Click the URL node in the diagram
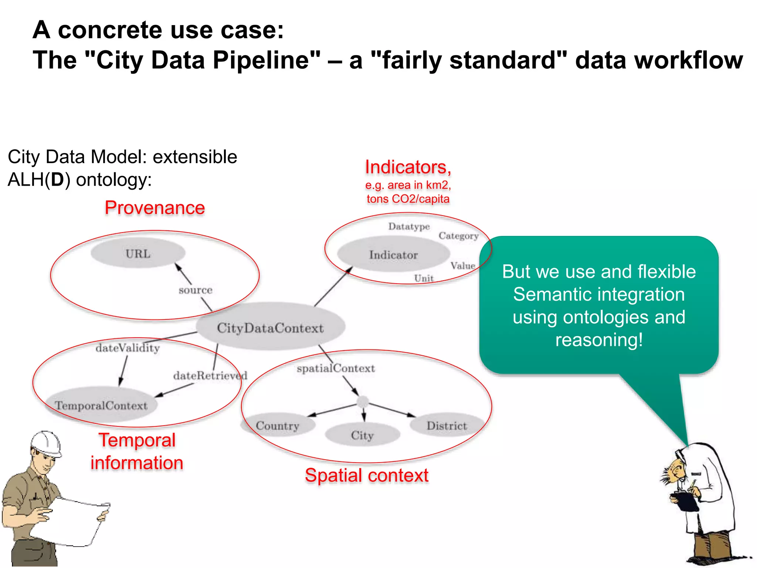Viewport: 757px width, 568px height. (x=138, y=253)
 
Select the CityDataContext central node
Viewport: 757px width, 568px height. (x=270, y=327)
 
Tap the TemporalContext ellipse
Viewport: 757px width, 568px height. (x=101, y=405)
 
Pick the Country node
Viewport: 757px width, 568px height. (x=278, y=425)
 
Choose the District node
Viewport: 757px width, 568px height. (x=447, y=425)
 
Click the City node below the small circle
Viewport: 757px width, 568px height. (x=362, y=435)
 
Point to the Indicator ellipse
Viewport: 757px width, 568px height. (x=393, y=254)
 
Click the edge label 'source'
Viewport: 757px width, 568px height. (x=196, y=290)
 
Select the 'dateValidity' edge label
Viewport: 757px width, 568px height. (x=128, y=348)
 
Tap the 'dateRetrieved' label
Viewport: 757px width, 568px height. (x=210, y=375)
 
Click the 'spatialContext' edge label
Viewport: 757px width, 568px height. (x=336, y=368)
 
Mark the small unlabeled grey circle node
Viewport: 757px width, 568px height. (x=363, y=402)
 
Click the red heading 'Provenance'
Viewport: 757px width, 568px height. (x=155, y=207)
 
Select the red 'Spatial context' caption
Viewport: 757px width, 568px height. (x=366, y=475)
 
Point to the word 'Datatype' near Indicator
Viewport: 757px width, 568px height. (x=409, y=226)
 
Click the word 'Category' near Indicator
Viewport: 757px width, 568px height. (x=458, y=236)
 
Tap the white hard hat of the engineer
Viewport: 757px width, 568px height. (x=46, y=443)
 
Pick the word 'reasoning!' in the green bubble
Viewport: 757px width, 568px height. (x=599, y=339)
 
